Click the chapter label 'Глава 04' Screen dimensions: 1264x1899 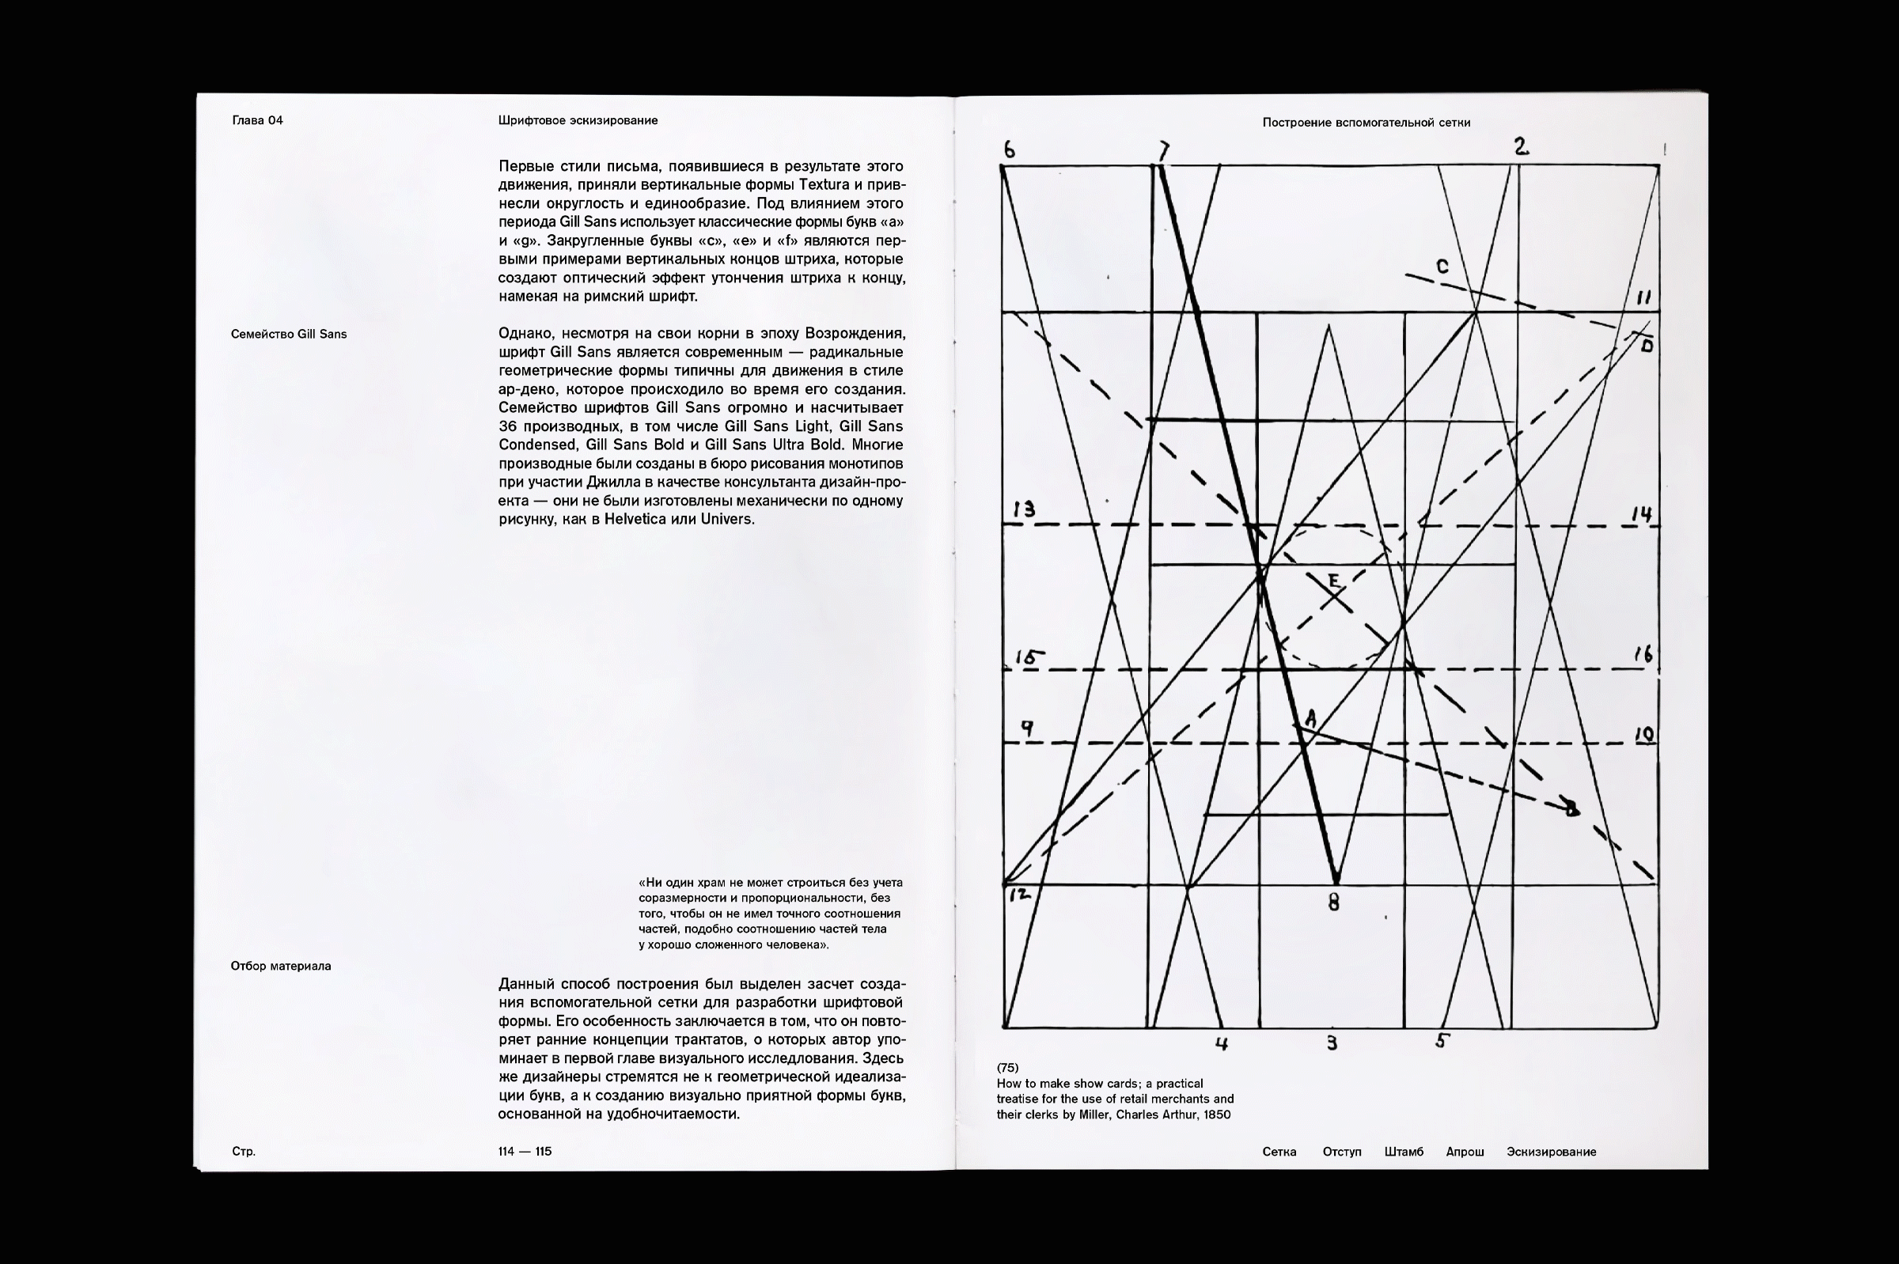[257, 121]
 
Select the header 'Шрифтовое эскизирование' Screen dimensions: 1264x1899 [578, 121]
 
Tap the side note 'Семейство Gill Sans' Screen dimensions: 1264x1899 [289, 335]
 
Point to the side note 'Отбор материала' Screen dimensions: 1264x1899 [281, 967]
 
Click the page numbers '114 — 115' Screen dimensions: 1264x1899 [525, 1152]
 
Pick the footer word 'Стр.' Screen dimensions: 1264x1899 [244, 1152]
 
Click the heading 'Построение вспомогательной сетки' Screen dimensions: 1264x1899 [1366, 123]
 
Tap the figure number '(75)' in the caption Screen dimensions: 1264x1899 [1007, 1068]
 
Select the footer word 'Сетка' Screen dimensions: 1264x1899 [1279, 1152]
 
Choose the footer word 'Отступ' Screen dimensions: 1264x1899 [1342, 1152]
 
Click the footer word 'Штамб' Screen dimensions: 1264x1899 [1403, 1152]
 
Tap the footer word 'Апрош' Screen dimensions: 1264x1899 [1465, 1152]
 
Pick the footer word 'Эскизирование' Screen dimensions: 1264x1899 [1551, 1152]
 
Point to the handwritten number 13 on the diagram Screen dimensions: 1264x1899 [1024, 509]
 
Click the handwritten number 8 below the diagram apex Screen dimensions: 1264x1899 [1334, 903]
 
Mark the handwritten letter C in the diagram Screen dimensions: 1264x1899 [1442, 267]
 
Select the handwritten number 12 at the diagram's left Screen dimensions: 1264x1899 [1020, 894]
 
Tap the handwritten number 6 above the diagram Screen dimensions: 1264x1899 [1010, 149]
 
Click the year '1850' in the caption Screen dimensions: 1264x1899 [1216, 1115]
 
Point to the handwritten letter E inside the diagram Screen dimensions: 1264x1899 [1333, 581]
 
